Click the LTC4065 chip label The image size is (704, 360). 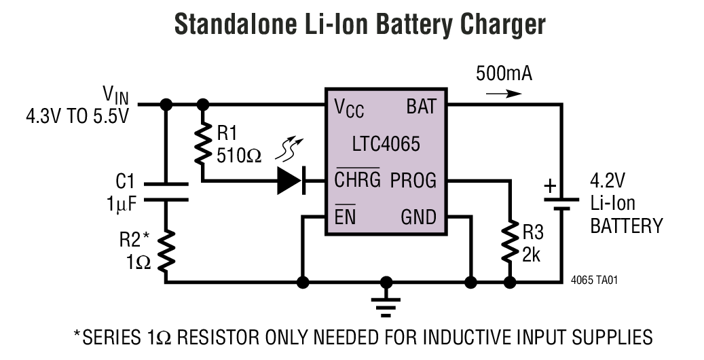(386, 144)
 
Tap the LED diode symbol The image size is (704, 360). (290, 181)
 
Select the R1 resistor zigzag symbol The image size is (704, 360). (202, 144)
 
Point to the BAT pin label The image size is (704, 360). (422, 107)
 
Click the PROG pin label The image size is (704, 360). (413, 181)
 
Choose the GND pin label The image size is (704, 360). (418, 218)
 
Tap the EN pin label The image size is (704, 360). (345, 218)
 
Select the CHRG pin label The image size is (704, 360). (357, 181)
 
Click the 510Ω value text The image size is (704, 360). (239, 156)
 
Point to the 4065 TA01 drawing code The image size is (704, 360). (595, 280)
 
